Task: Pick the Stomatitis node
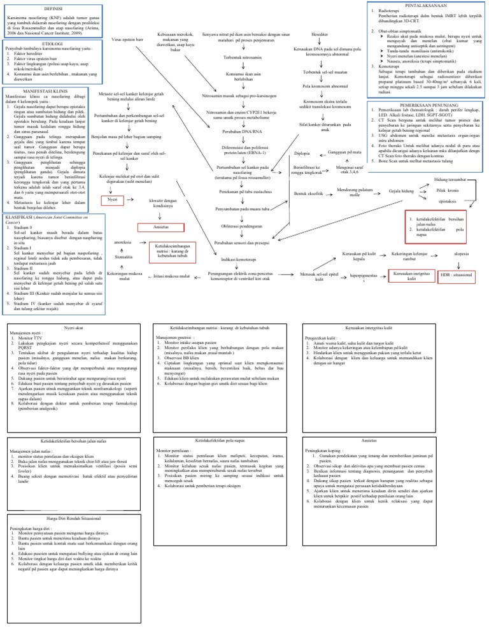[x=124, y=257]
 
